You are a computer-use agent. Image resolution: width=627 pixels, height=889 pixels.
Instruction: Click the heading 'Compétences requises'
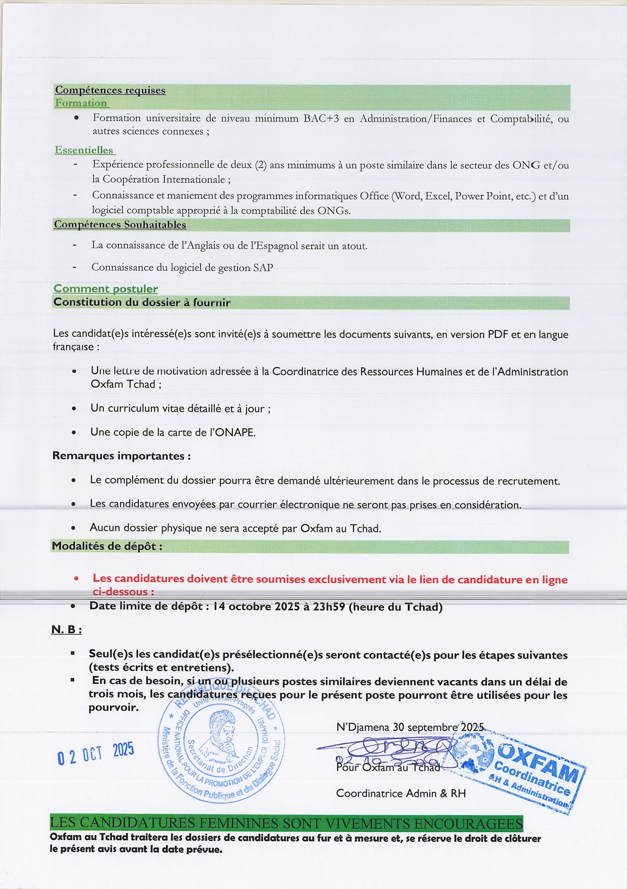(110, 90)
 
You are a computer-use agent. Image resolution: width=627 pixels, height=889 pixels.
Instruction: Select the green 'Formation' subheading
(81, 103)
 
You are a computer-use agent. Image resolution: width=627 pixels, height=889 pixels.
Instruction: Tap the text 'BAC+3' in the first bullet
(321, 119)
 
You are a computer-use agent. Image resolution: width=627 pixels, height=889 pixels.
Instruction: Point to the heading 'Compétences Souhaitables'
(120, 225)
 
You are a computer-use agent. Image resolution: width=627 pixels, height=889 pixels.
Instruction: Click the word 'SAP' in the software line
(263, 268)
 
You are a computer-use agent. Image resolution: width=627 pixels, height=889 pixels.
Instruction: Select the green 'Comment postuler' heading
(105, 289)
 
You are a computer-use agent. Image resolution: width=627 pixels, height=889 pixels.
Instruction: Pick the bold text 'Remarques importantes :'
(121, 456)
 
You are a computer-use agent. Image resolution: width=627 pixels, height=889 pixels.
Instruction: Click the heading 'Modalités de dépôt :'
(107, 546)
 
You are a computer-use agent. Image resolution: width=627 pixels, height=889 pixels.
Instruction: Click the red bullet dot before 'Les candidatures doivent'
(76, 579)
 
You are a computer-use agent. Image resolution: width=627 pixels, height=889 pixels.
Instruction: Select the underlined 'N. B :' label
(66, 630)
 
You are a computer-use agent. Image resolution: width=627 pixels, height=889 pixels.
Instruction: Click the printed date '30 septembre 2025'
(438, 727)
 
